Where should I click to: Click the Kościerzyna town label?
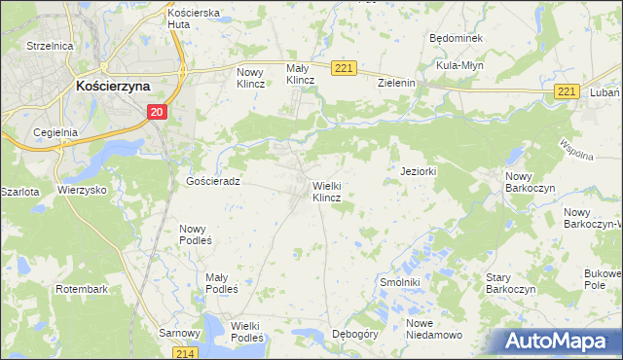pos(113,86)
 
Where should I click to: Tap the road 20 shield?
pos(158,113)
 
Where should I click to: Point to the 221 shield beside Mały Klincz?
pos(345,68)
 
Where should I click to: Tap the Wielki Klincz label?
pos(326,191)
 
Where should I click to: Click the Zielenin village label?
pos(397,84)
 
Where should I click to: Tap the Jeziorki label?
pos(421,170)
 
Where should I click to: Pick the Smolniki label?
pos(398,282)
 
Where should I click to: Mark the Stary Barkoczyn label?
pos(512,282)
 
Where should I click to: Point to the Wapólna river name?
pos(577,151)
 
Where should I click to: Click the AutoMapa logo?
pos(554,342)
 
